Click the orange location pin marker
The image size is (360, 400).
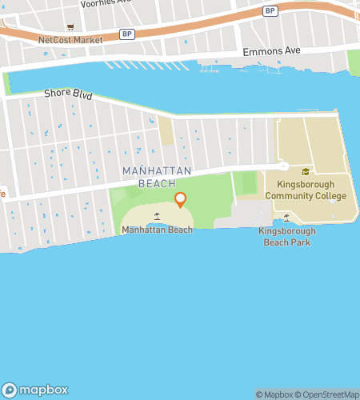[180, 200]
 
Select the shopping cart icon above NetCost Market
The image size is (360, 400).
[70, 26]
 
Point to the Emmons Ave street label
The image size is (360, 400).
[271, 51]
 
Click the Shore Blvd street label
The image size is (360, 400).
[68, 94]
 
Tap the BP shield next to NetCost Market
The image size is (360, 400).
[127, 34]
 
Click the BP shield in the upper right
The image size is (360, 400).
[270, 10]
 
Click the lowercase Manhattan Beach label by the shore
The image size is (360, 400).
[157, 230]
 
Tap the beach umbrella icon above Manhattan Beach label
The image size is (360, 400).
[157, 217]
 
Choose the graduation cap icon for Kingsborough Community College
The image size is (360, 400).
[305, 171]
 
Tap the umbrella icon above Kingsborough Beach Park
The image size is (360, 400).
[286, 218]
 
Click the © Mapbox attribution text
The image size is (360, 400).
[274, 394]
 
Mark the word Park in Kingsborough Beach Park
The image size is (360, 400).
[300, 242]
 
